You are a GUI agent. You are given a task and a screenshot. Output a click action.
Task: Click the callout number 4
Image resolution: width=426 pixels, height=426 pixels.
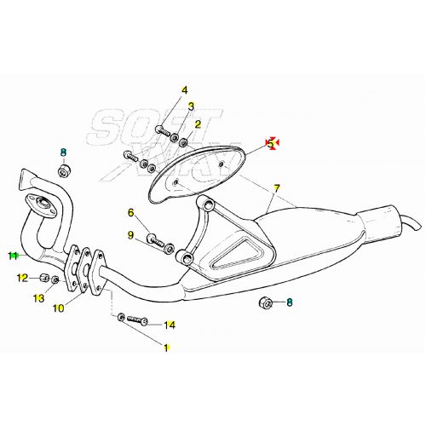pyautogui.click(x=184, y=89)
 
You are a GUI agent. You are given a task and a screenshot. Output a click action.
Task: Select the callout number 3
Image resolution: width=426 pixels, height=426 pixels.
pyautogui.click(x=191, y=106)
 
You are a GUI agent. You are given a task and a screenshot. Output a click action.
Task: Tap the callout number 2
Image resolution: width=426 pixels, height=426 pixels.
pyautogui.click(x=198, y=124)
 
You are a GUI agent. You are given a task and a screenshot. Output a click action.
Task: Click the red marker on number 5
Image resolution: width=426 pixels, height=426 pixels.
pyautogui.click(x=272, y=144)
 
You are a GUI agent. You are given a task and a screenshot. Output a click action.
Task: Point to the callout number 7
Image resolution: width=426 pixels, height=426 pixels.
pyautogui.click(x=277, y=187)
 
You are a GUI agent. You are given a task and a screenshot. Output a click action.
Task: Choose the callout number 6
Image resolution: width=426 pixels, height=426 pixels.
pyautogui.click(x=131, y=213)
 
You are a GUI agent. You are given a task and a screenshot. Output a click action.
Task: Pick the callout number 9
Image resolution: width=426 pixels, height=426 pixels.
pyautogui.click(x=131, y=235)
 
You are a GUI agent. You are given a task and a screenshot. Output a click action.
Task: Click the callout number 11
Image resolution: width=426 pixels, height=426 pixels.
pyautogui.click(x=13, y=255)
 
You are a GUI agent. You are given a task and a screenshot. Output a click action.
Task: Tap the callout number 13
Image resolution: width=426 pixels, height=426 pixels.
pyautogui.click(x=38, y=297)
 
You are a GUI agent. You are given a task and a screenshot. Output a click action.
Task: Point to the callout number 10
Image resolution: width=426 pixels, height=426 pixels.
pyautogui.click(x=58, y=308)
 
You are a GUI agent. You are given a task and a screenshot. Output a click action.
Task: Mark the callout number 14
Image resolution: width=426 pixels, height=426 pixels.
pyautogui.click(x=170, y=325)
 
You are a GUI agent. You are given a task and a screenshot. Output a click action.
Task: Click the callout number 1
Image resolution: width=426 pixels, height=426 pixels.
pyautogui.click(x=166, y=348)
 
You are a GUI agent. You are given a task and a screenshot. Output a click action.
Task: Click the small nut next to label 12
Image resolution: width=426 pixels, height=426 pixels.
pyautogui.click(x=44, y=278)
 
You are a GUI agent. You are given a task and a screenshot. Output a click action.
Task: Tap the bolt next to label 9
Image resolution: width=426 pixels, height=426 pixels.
pyautogui.click(x=156, y=241)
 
